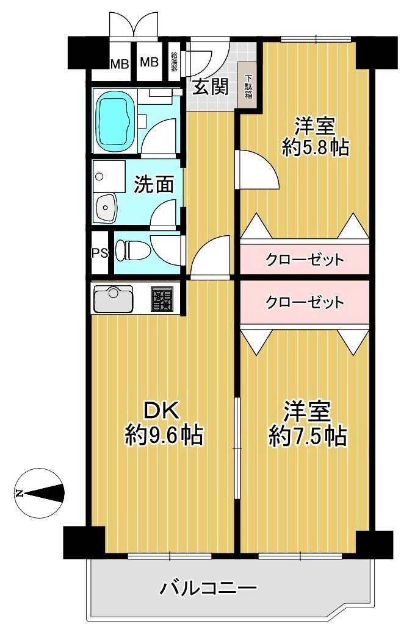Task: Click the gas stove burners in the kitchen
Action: point(162,299)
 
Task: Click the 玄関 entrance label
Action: point(211,87)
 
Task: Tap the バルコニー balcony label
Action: point(209,589)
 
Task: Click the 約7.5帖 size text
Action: point(308,435)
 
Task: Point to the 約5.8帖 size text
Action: point(315,147)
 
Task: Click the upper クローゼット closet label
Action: point(305,260)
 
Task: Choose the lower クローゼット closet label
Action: point(305,302)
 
